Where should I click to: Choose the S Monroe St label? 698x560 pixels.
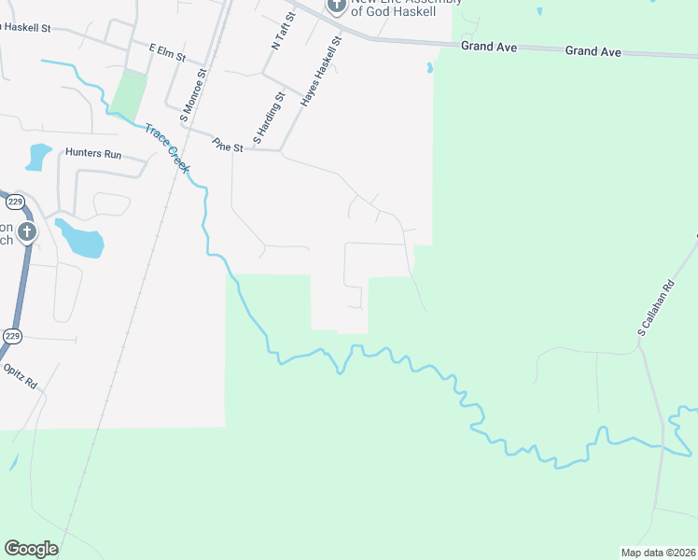tap(194, 92)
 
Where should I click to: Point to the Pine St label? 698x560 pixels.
tap(227, 146)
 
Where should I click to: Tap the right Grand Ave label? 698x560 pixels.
tap(593, 51)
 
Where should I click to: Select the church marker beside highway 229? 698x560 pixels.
tap(27, 232)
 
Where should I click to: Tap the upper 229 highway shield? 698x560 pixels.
tap(15, 202)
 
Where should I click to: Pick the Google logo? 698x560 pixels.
tap(31, 548)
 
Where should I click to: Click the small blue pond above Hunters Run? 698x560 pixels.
tap(39, 155)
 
